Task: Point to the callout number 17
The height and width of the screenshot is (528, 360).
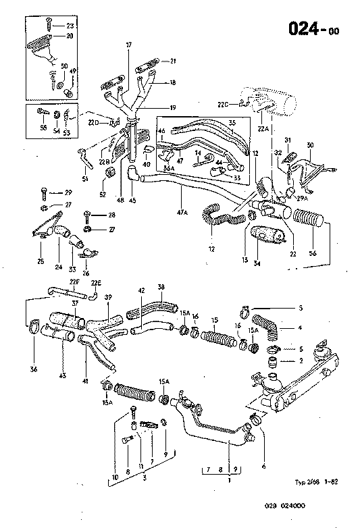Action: tap(127, 44)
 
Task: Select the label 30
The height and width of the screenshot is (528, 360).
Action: tap(310, 145)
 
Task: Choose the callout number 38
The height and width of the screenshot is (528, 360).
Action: tap(161, 286)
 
